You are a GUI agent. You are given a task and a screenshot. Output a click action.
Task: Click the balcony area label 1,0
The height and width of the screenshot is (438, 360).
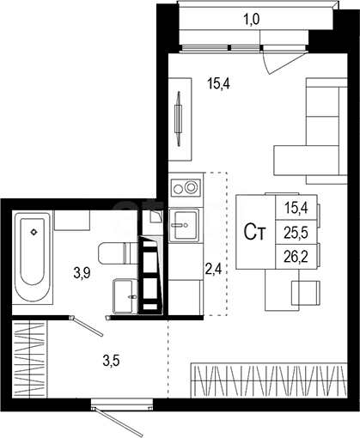click(251, 20)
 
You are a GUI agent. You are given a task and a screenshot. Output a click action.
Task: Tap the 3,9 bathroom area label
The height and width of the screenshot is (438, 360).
click(82, 273)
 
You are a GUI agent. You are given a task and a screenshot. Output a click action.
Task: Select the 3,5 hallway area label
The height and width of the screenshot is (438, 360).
click(111, 361)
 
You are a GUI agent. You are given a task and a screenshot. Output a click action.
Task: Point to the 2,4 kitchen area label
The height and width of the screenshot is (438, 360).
click(214, 269)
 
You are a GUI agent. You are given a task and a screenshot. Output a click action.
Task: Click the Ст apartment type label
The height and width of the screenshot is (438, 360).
click(255, 233)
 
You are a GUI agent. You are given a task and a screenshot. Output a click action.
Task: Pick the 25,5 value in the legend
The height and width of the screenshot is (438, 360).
click(296, 233)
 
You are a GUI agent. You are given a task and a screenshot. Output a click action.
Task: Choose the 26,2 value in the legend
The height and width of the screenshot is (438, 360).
click(296, 257)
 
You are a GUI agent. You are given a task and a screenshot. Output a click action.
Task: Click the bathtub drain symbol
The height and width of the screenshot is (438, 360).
click(34, 232)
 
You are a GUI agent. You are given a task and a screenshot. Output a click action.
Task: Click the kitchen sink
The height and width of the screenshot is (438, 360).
click(184, 225)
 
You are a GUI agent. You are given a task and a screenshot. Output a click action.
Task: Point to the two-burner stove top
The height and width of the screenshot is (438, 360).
click(186, 188)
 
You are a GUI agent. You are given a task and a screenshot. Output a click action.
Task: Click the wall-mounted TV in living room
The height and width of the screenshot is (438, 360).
click(178, 119)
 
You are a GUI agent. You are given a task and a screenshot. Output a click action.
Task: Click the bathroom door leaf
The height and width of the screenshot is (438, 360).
click(87, 325)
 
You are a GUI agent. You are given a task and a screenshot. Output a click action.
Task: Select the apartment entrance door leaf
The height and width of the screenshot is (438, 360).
click(118, 422)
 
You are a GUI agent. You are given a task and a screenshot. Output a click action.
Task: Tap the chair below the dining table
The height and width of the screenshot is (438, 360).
click(305, 293)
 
